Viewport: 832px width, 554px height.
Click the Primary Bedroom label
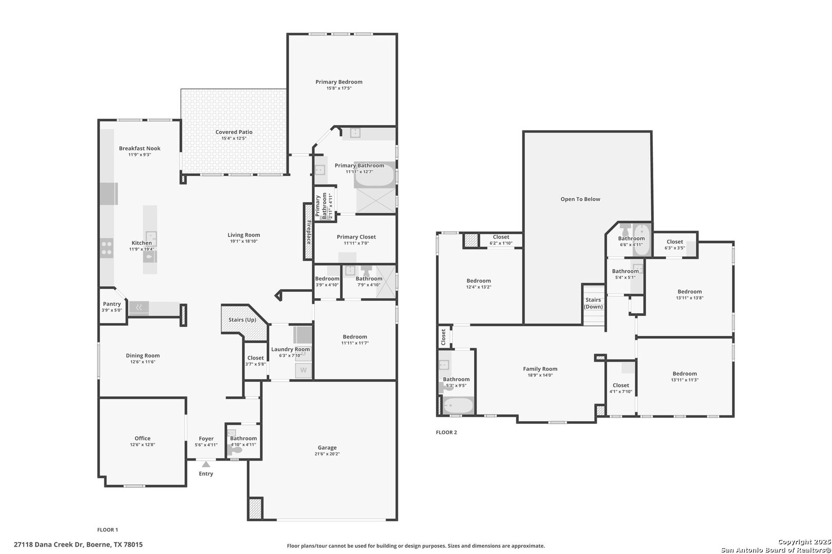click(338, 82)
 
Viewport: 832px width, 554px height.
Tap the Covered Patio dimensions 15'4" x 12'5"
click(234, 138)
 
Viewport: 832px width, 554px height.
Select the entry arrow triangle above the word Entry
click(205, 464)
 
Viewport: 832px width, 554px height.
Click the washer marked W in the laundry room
click(303, 370)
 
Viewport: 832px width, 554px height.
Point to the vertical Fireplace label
click(309, 232)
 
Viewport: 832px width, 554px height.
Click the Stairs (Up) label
click(242, 320)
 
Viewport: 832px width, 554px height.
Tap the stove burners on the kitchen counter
click(107, 248)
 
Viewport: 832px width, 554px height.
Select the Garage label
click(327, 447)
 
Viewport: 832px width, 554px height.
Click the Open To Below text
click(580, 199)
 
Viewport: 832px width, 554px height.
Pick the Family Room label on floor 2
click(540, 368)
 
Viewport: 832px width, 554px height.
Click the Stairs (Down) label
click(593, 303)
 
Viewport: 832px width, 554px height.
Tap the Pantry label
click(111, 304)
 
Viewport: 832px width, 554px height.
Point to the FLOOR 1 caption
click(107, 529)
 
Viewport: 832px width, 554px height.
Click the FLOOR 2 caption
click(446, 432)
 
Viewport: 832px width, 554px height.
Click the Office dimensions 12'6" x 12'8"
click(142, 445)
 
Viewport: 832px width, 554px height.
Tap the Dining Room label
click(143, 355)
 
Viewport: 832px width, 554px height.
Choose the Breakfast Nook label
click(140, 148)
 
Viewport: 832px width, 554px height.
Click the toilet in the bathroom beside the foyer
click(236, 450)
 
